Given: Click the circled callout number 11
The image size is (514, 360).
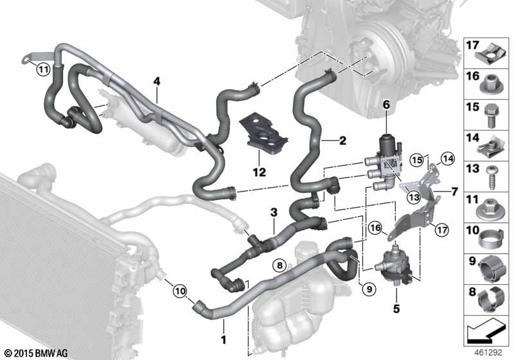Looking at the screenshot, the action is click(43, 69).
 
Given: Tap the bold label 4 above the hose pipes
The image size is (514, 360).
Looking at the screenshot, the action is click(157, 81).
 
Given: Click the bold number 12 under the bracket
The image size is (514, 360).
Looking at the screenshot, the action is click(259, 172).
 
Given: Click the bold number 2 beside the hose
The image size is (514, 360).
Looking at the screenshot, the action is click(342, 141).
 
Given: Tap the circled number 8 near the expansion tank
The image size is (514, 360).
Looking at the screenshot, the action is click(279, 265).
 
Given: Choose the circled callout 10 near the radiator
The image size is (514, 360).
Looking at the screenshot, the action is click(180, 291).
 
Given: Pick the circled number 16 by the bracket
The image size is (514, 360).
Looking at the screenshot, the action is click(376, 228).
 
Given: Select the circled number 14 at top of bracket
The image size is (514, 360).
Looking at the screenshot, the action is click(448, 159).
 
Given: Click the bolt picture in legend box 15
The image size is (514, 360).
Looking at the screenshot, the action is click(490, 116).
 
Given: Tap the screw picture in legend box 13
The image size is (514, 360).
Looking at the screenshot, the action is click(491, 177).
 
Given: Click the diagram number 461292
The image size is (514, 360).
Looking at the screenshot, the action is click(488, 352).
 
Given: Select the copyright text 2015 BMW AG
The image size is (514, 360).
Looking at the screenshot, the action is click(36, 354).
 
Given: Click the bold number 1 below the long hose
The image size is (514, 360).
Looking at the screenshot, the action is click(224, 339).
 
